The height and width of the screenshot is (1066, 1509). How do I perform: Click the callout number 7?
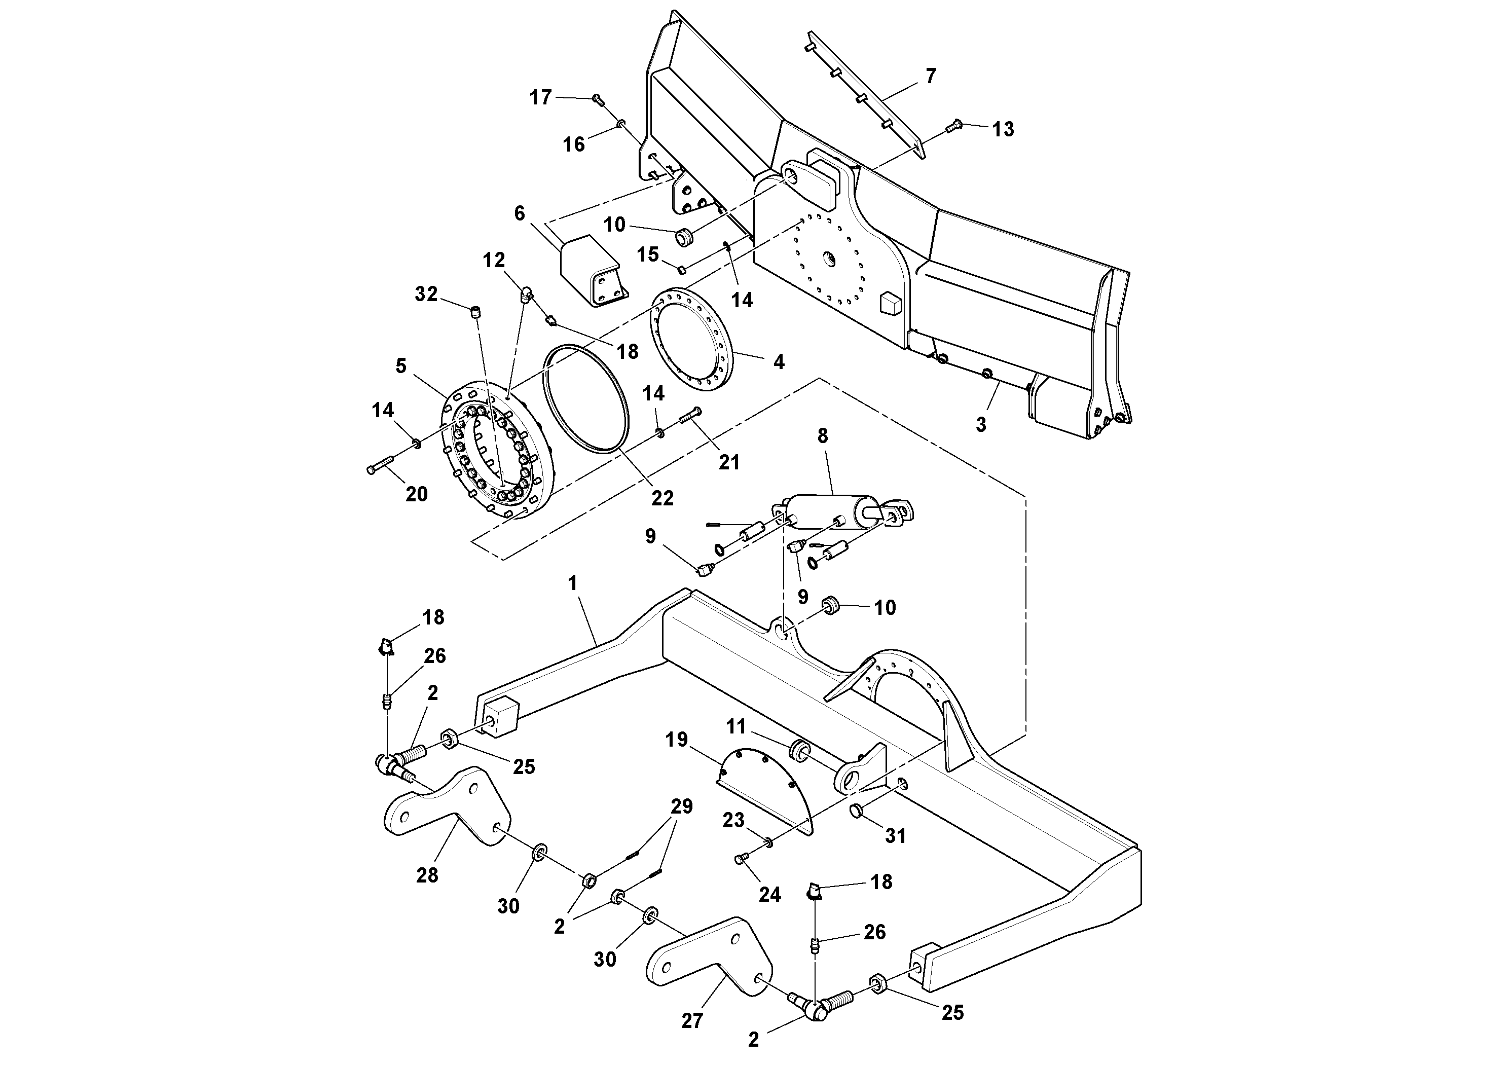[930, 76]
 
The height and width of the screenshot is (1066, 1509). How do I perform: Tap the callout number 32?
[426, 294]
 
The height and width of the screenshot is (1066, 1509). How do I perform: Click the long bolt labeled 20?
[382, 466]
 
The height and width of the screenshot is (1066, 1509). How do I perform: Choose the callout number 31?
[896, 835]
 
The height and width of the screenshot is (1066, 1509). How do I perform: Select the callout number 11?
[735, 726]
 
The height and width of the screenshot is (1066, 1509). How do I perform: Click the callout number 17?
[540, 98]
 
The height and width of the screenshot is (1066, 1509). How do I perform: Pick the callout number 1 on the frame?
[572, 583]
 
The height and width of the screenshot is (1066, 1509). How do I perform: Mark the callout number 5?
[401, 365]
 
